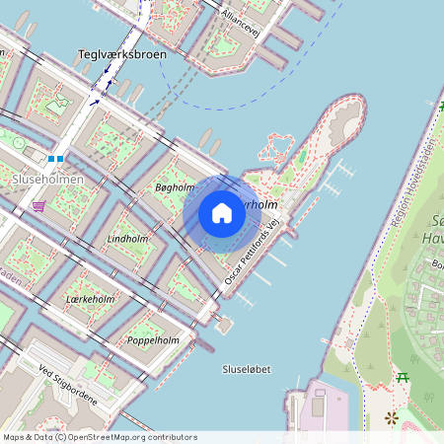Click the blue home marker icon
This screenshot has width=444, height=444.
222,213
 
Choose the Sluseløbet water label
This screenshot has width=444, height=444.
248,369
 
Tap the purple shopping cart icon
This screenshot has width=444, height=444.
38,205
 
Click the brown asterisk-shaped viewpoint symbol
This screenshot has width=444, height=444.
392,418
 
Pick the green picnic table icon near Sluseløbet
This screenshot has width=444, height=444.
403,377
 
